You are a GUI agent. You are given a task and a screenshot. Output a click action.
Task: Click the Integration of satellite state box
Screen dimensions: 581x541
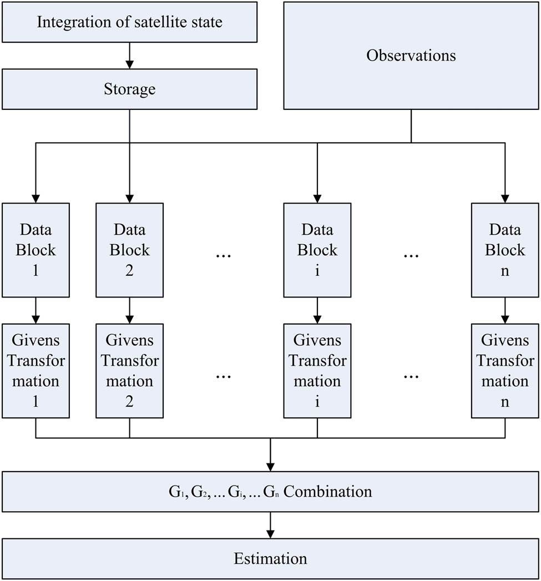[x=129, y=22]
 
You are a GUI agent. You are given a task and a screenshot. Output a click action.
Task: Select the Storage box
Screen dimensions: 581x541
[x=129, y=89]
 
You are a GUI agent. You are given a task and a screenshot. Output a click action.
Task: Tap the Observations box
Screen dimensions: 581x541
[x=411, y=55]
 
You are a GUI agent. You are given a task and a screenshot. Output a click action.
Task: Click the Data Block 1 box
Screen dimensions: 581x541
[x=36, y=250]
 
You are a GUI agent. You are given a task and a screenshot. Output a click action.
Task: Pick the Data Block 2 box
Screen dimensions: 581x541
[x=129, y=250]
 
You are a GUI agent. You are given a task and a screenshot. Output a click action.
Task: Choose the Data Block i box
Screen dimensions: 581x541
[x=317, y=250]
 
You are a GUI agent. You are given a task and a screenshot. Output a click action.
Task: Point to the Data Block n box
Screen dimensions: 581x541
[x=505, y=250]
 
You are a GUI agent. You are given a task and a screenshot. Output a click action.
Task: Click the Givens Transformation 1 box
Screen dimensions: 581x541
[x=36, y=371]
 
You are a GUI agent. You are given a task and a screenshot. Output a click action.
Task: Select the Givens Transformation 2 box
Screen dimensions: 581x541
[x=129, y=371]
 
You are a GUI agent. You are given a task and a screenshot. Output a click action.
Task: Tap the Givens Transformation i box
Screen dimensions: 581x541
[x=317, y=371]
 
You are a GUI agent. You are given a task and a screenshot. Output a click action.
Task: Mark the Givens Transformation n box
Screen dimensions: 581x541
[x=505, y=371]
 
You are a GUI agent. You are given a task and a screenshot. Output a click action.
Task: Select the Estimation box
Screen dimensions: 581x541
[x=270, y=558]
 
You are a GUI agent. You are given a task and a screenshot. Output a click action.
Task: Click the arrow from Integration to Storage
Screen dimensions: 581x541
[x=129, y=55]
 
